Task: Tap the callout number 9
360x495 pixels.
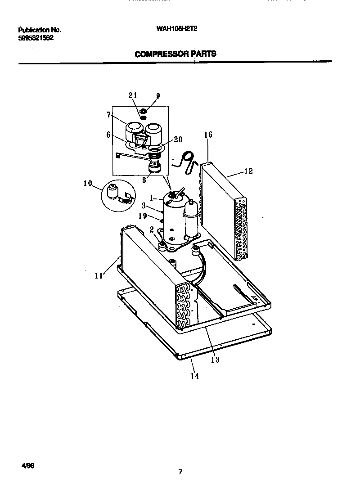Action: click(157, 95)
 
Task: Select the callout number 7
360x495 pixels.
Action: click(108, 115)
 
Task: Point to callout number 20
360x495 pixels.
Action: click(178, 139)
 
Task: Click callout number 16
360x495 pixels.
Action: click(208, 135)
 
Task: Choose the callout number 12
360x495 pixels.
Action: click(248, 171)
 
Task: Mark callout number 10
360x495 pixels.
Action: click(88, 183)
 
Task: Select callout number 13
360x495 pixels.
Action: click(215, 360)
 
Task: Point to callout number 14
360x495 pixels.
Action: click(194, 376)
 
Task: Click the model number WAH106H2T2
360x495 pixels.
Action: click(176, 29)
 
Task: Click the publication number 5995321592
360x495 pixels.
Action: click(36, 38)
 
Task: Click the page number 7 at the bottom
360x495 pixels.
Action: click(180, 472)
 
